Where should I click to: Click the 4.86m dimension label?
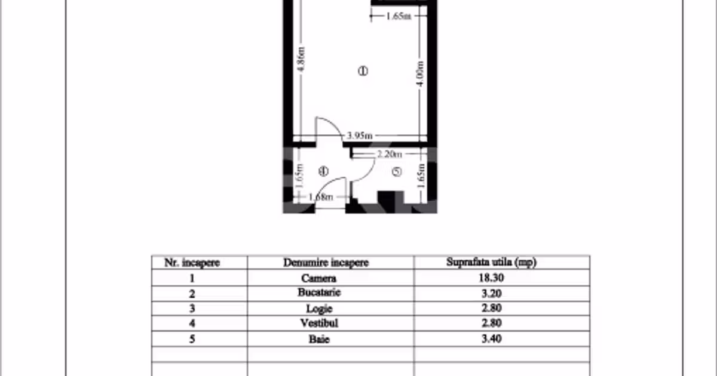301,59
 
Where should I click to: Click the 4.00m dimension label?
420,73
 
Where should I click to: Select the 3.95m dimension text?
360,135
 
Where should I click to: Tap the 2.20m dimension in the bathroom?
389,155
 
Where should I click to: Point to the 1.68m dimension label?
321,197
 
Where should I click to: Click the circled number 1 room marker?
363,71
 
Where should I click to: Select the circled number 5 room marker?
397,172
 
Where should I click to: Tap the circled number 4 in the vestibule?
324,171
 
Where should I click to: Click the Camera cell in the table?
319,278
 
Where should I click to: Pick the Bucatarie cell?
319,292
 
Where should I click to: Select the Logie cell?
320,309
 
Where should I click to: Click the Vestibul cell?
319,323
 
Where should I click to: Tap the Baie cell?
319,339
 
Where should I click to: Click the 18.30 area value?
491,278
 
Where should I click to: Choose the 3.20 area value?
492,293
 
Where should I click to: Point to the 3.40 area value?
492,338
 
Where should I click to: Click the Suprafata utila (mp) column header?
491,262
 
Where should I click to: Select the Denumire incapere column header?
326,263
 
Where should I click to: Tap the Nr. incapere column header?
192,263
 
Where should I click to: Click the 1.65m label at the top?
399,16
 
